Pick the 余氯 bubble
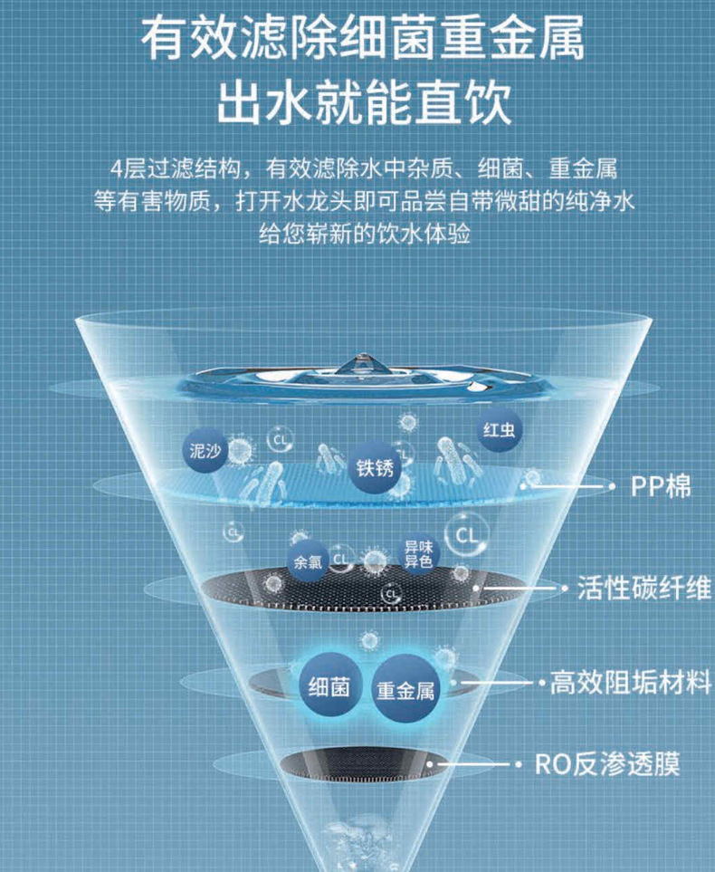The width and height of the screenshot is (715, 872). (306, 561)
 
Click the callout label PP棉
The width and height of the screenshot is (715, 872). (661, 486)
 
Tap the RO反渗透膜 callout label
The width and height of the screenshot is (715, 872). (606, 764)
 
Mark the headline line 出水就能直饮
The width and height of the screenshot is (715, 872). (363, 102)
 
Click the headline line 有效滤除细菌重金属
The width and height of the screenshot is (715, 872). (363, 38)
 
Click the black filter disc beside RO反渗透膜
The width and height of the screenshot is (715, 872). (367, 766)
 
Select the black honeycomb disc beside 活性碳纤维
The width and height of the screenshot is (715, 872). (362, 592)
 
